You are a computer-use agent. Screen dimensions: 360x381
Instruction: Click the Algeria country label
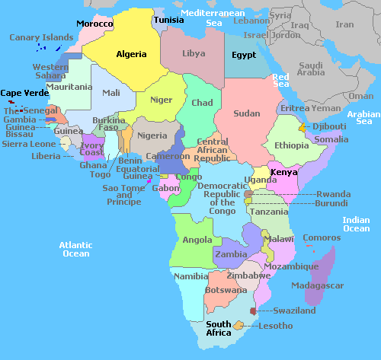coord(131,54)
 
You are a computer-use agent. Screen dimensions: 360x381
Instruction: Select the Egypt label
coord(244,56)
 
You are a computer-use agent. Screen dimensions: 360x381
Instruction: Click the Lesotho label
coord(275,326)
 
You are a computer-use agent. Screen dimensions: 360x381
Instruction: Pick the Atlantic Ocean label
coord(76,249)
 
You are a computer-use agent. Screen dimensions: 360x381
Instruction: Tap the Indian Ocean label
coord(356,224)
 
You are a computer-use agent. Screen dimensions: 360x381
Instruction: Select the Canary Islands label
coord(41,37)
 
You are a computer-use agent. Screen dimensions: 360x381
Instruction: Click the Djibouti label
coord(329,126)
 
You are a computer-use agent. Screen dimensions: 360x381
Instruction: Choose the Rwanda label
coord(334,193)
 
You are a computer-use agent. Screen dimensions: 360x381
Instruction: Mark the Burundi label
coord(334,203)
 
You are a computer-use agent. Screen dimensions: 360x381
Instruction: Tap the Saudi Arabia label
coord(311,69)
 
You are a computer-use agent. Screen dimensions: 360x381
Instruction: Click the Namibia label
coord(190,276)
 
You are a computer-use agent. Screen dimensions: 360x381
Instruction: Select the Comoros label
coord(322,237)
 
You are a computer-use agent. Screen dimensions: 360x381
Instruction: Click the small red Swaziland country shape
coord(253,312)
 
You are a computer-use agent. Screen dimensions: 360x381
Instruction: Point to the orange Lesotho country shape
coord(239,325)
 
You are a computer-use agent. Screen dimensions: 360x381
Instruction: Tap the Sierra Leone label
coord(29,144)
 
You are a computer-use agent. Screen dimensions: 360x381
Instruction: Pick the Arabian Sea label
coord(363,117)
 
